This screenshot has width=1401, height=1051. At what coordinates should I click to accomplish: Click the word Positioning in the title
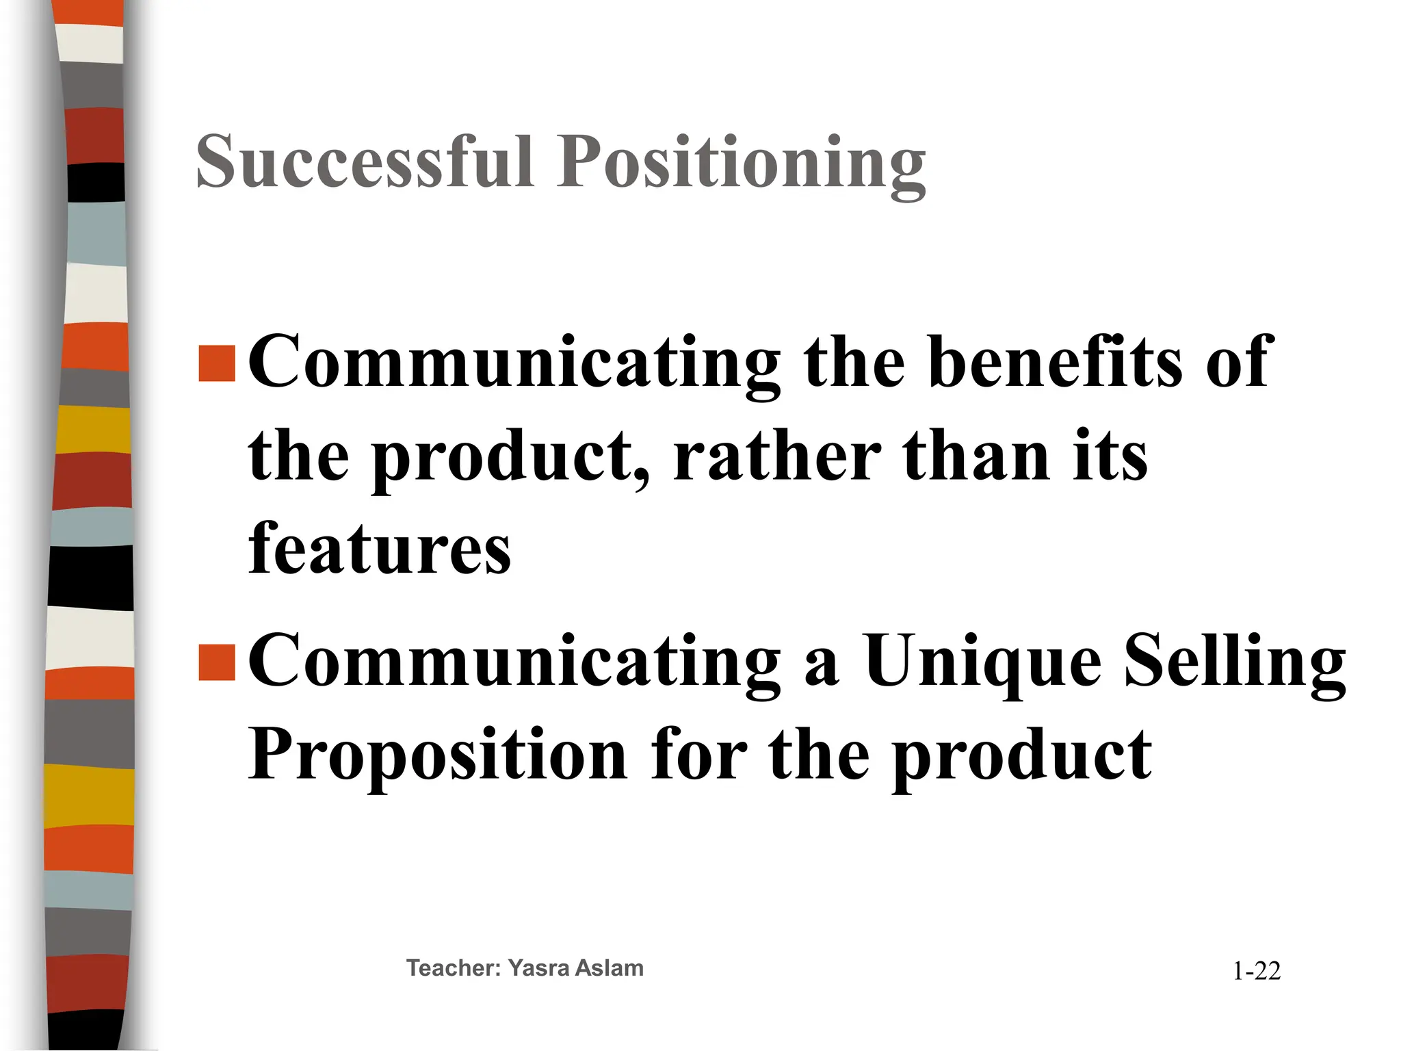741,164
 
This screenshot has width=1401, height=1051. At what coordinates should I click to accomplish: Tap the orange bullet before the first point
217,363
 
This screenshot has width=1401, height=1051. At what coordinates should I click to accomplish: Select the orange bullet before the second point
217,662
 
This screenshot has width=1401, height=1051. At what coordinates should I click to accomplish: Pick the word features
380,548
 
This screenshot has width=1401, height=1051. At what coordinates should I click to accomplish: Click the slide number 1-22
1256,971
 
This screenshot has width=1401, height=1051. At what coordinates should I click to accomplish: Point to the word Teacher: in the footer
454,968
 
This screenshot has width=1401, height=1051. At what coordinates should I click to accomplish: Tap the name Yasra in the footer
538,968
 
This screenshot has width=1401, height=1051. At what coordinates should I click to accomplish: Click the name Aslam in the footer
610,968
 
